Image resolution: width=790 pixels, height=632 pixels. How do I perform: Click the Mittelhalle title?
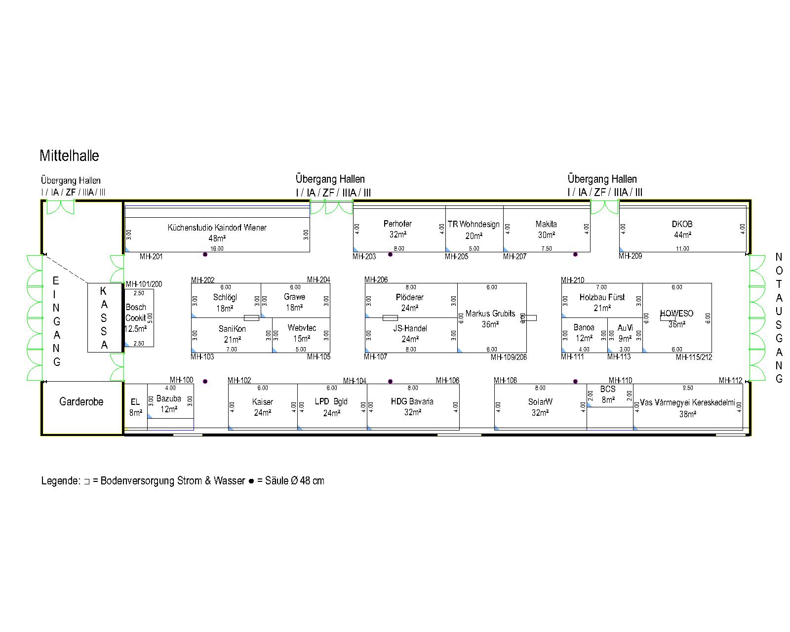69,156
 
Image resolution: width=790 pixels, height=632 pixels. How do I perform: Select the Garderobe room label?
81,402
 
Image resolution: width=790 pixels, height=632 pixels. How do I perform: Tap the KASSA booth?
104,317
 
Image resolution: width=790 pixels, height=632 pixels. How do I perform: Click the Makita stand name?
546,224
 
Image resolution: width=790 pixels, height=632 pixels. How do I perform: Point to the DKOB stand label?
682,224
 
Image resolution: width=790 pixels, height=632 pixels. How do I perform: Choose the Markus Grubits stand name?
490,314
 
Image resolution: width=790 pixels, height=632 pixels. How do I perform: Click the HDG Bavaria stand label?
412,401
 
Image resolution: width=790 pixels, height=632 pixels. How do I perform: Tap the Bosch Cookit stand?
136,313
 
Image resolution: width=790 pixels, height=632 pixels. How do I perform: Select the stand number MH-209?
631,256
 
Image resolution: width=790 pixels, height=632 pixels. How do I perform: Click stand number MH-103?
202,357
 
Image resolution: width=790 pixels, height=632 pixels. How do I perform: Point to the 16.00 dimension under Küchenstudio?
217,249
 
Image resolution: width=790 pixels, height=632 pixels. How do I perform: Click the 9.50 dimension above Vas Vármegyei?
687,388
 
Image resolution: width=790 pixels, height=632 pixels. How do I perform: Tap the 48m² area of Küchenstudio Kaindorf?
217,238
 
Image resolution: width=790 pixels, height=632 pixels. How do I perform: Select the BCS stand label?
608,389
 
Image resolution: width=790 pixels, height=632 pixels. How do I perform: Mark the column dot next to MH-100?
205,381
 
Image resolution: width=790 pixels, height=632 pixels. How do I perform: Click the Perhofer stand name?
397,224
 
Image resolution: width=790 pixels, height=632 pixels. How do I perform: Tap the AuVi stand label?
625,328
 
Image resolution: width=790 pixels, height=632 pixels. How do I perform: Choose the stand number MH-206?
376,280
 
